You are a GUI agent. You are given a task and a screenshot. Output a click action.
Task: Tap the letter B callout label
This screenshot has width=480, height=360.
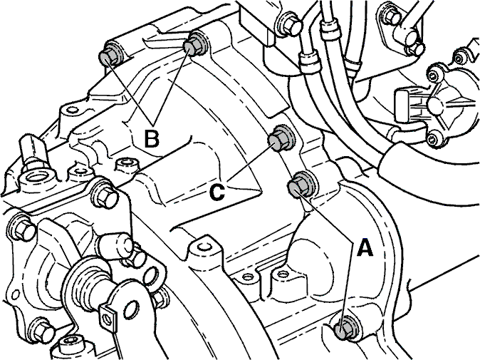(152, 139)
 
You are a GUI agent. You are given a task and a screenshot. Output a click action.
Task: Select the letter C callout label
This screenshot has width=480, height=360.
(217, 192)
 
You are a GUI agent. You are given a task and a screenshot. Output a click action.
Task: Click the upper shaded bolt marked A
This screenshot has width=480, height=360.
(300, 185)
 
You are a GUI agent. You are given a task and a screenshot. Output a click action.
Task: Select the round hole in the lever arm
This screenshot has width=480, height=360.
(131, 310)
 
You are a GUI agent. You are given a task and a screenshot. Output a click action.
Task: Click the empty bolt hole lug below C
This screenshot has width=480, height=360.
(204, 246)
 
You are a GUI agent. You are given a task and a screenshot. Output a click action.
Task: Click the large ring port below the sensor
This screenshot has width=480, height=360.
(37, 177)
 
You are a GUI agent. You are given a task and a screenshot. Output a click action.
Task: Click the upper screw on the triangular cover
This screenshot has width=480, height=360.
(434, 74)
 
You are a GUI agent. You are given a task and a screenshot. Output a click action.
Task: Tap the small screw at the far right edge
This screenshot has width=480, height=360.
(459, 58)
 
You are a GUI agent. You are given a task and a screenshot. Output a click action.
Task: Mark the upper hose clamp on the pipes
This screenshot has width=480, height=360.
(330, 26)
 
